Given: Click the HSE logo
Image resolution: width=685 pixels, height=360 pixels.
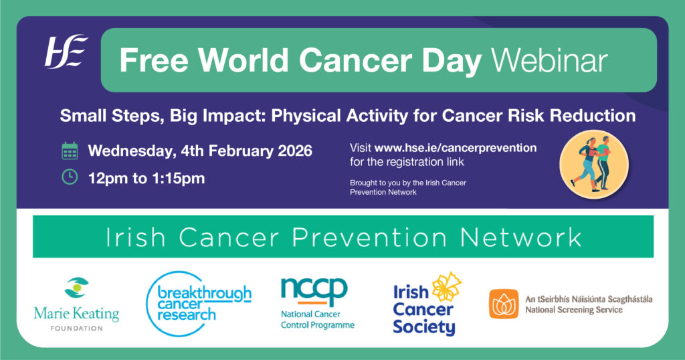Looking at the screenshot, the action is click(x=66, y=52).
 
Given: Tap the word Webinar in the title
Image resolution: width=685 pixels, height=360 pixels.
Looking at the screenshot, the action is click(x=549, y=60).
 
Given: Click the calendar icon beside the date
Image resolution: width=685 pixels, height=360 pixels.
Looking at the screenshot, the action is click(x=70, y=151).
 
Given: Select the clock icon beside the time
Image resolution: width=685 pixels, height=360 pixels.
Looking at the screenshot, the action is click(x=70, y=177).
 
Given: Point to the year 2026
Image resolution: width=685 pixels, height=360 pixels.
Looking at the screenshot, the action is click(x=295, y=151).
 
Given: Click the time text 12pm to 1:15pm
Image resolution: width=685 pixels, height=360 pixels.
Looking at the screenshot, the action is click(x=146, y=178).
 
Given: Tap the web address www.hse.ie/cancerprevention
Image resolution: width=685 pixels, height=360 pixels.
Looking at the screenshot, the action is click(x=456, y=148).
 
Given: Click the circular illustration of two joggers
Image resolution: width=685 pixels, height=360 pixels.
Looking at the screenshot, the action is click(x=594, y=165).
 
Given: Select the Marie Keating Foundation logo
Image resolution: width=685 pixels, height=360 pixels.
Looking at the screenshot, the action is click(x=76, y=304).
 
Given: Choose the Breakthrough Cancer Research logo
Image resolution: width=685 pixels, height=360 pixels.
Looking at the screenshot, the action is click(x=199, y=304).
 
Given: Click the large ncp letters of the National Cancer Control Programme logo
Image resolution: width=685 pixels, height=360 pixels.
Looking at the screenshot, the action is click(x=314, y=291).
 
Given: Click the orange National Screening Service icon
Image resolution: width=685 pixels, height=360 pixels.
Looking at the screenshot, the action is click(x=504, y=304).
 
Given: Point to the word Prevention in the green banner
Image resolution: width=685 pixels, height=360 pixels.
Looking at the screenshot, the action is click(x=369, y=238).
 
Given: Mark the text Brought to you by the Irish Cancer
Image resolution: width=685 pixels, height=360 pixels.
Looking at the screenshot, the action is click(x=408, y=183).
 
